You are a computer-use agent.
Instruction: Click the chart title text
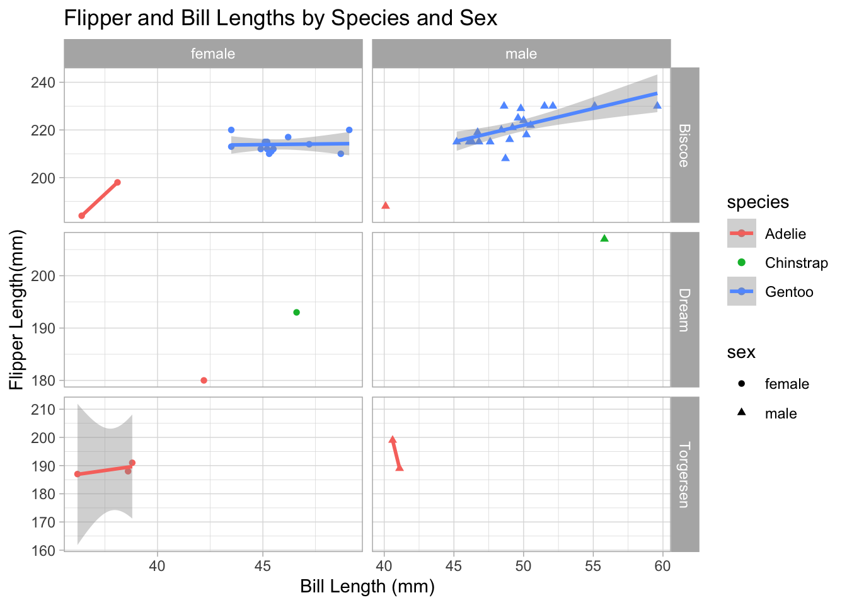point(280,18)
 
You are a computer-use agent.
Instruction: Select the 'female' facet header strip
point(213,54)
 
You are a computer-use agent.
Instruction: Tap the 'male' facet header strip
point(521,54)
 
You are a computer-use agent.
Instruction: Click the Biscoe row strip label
point(684,145)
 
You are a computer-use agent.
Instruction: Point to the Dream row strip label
point(684,309)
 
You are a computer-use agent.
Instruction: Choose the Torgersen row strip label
point(684,475)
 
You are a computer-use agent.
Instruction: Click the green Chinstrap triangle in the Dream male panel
point(604,238)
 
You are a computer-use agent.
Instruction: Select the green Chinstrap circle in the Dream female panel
point(297,313)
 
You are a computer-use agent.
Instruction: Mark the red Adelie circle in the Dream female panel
point(204,381)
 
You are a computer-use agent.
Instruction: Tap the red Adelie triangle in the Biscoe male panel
point(386,205)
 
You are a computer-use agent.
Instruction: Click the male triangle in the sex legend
point(742,413)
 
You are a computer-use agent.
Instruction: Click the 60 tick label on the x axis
point(662,566)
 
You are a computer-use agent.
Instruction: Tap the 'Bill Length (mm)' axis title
point(367,587)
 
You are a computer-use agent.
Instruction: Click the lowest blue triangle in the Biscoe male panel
point(505,158)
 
